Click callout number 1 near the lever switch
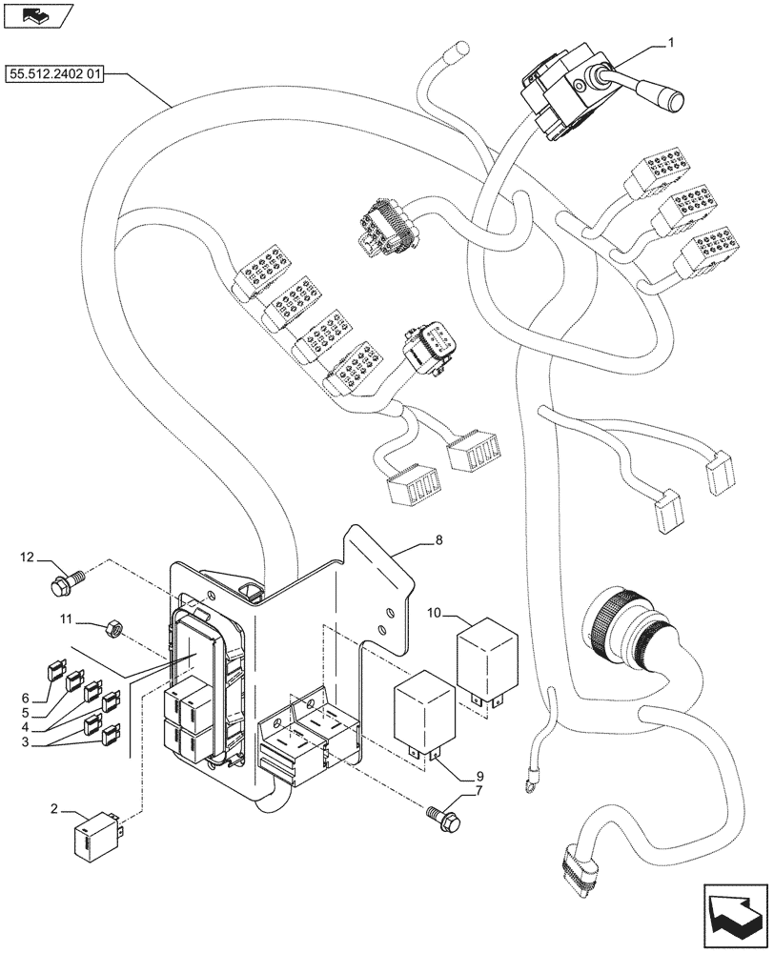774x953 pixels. pyautogui.click(x=671, y=43)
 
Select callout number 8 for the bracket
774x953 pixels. pyautogui.click(x=438, y=540)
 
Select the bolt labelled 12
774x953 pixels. pyautogui.click(x=66, y=575)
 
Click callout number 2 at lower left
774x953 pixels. pyautogui.click(x=56, y=809)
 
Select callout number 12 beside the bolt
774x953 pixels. pyautogui.click(x=28, y=556)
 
